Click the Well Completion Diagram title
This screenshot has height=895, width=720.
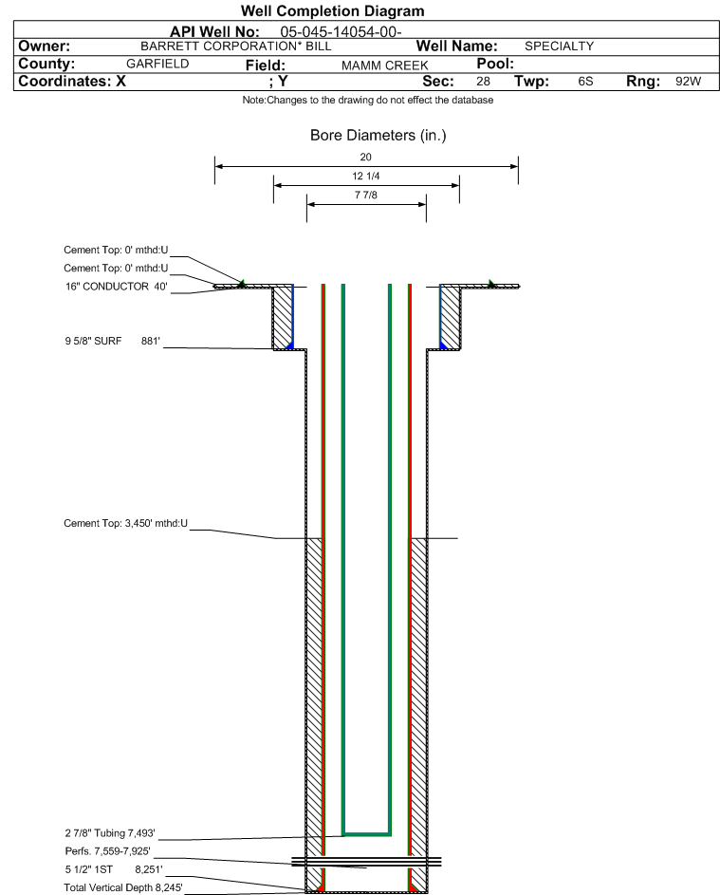333,10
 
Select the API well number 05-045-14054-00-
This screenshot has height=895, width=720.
341,32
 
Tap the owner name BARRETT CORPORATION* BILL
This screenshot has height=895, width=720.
235,47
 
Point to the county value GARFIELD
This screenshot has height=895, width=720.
157,64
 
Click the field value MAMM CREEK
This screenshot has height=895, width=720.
384,65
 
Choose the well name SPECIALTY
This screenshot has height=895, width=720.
559,47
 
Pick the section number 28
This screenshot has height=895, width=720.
483,81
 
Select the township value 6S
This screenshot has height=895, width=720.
585,81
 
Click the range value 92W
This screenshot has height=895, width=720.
688,81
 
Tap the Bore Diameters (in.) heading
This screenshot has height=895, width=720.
378,136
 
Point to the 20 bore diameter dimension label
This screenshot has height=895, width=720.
366,157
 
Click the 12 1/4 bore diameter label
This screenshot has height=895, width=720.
366,176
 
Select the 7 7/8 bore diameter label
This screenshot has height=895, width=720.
366,195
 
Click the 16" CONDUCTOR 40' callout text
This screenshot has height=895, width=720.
117,287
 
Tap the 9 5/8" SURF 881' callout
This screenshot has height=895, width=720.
112,342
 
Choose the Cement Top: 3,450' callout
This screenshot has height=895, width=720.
125,523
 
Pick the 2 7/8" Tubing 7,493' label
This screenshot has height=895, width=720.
110,833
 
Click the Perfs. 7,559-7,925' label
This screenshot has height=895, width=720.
108,851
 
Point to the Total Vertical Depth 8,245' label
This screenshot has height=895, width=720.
123,887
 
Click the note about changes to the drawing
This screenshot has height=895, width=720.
368,100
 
